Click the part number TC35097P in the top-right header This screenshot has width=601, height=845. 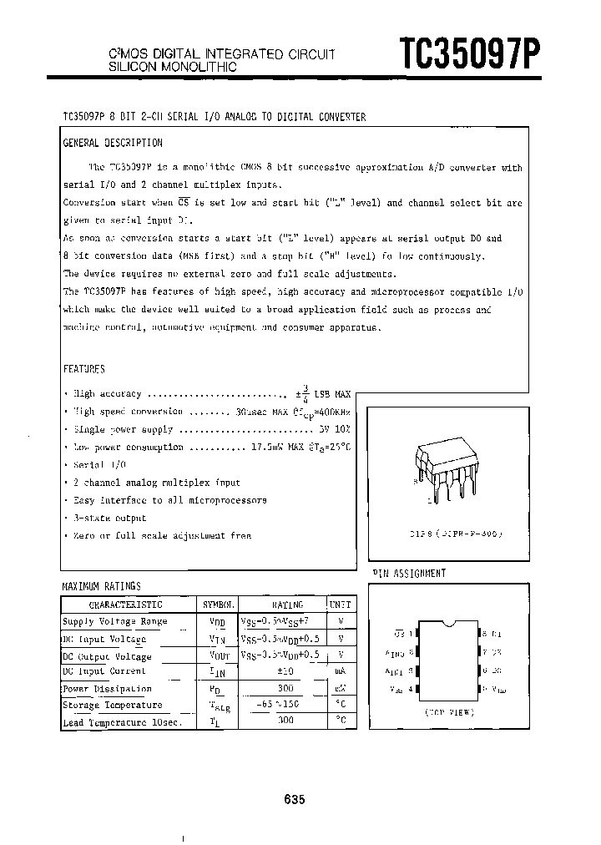472,54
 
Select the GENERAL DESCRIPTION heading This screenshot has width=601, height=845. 113,143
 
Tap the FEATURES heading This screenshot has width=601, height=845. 84,368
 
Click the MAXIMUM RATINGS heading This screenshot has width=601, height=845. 102,586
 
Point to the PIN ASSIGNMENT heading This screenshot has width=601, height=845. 409,573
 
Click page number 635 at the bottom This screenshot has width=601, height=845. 294,799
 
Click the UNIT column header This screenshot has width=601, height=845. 341,605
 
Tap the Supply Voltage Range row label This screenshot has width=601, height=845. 114,621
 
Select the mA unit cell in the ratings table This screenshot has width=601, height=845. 341,672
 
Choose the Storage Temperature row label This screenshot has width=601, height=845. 112,706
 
